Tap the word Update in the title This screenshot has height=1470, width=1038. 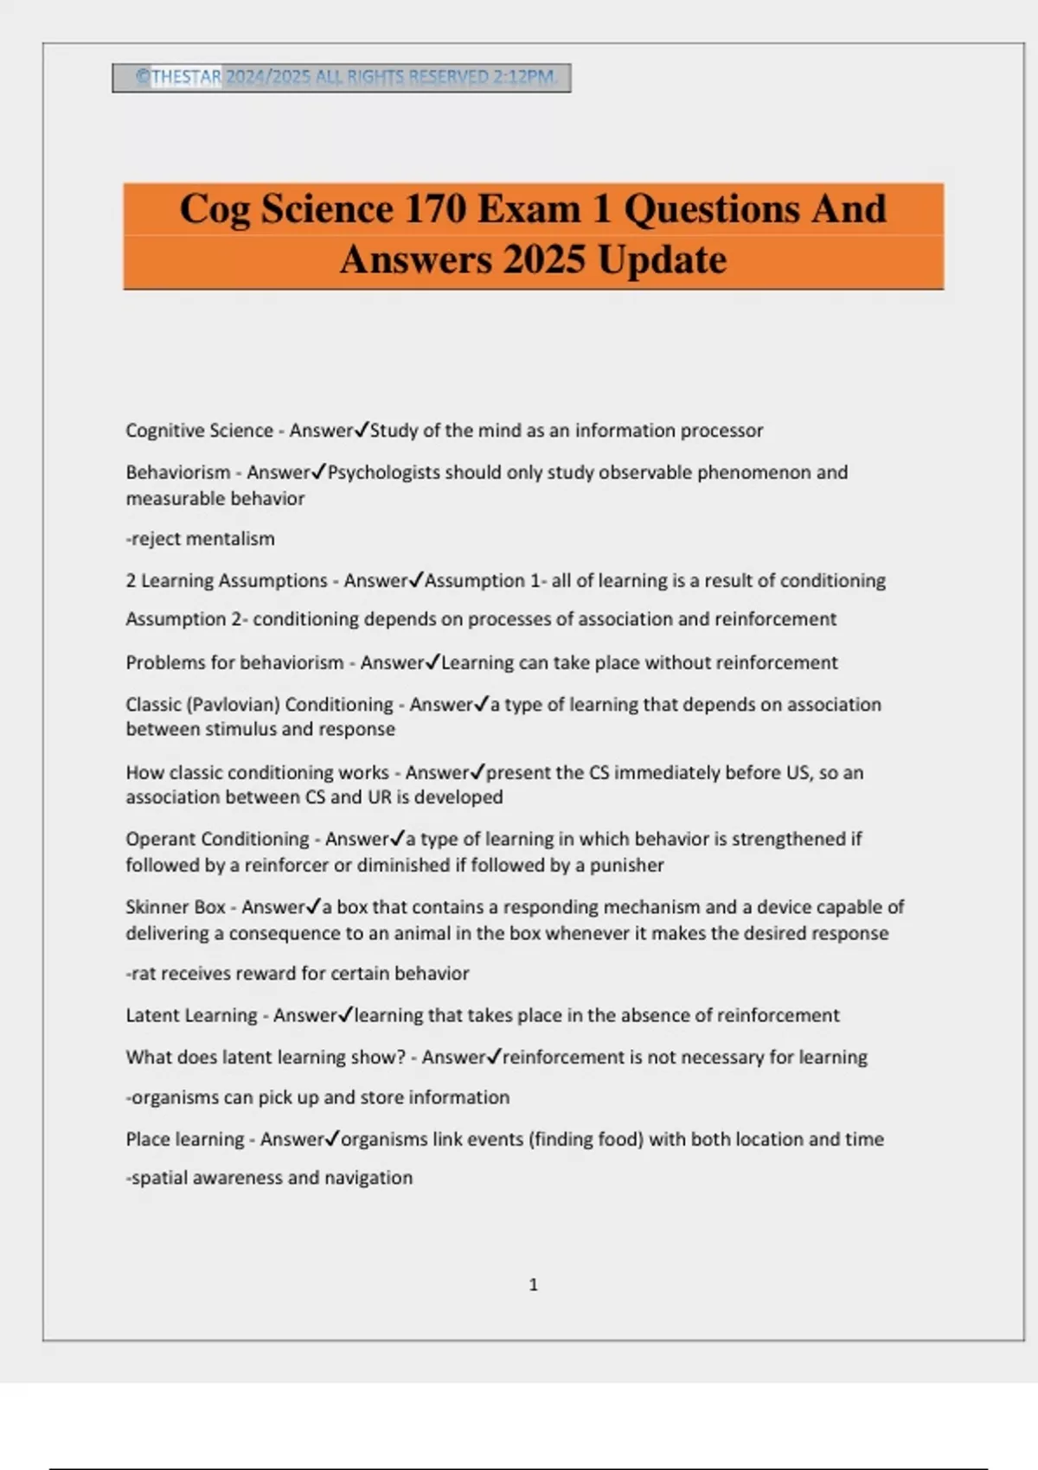coord(662,259)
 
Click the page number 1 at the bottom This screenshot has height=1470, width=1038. coord(533,1285)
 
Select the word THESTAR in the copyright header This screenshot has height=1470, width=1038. coord(186,77)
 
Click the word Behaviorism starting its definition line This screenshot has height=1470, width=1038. coord(178,473)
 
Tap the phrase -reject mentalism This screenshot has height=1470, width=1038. coord(201,539)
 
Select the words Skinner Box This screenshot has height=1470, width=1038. coord(176,907)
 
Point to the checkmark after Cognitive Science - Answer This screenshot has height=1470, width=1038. coord(362,430)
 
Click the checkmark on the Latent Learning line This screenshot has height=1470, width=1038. coord(345,1014)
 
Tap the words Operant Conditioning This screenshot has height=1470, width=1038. coord(217,839)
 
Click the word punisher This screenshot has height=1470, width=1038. coord(626,866)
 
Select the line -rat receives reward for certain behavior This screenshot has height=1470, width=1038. coord(298,974)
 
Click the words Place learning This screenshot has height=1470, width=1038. coord(185,1140)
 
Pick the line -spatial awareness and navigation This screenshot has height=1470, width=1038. coord(269,1178)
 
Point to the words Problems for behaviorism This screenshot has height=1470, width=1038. coord(234,663)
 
